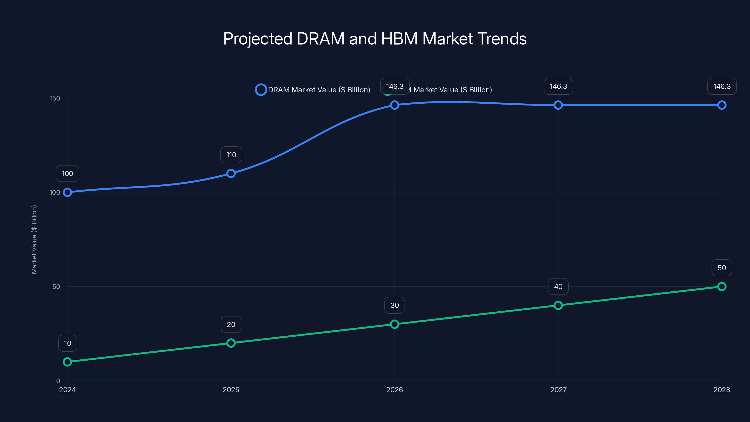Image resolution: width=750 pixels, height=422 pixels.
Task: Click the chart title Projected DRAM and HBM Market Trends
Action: [x=375, y=39]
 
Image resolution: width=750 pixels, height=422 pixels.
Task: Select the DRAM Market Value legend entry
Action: [x=313, y=90]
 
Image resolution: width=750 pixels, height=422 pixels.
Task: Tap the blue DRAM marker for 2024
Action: [x=67, y=192]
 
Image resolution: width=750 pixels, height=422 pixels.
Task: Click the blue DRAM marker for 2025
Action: [x=231, y=173]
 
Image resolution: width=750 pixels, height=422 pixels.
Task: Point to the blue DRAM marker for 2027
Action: [x=558, y=105]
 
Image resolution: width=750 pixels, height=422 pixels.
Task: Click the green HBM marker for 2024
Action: [x=67, y=362]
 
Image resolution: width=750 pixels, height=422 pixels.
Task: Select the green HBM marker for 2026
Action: [x=394, y=324]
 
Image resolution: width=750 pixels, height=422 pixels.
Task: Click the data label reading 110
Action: [x=231, y=155]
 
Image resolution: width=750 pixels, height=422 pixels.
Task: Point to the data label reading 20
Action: [x=231, y=324]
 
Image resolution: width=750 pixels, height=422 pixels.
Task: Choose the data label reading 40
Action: [x=558, y=286]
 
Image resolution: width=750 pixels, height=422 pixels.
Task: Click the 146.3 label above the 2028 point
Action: [x=722, y=86]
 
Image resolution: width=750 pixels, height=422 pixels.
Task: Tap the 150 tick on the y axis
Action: [x=55, y=98]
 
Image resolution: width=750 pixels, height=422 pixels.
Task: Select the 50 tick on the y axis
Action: [x=56, y=286]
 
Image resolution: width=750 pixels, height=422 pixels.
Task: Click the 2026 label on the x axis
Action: [x=394, y=390]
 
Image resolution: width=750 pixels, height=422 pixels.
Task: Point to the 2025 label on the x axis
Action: [x=231, y=390]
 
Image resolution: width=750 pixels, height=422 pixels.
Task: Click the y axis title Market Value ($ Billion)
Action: [x=34, y=239]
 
